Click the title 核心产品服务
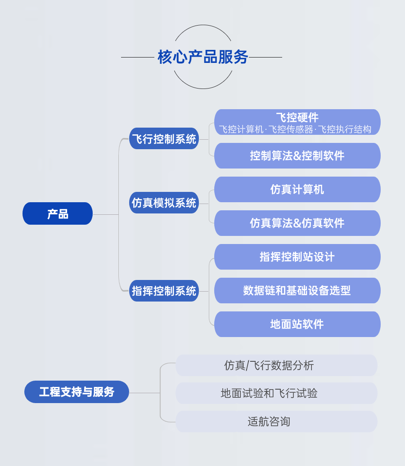point(203,57)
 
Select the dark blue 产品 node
point(58,214)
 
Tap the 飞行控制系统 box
point(164,139)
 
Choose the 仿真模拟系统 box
point(164,203)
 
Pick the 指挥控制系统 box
point(164,291)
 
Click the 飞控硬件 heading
point(297,117)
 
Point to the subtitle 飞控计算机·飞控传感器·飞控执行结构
point(295,129)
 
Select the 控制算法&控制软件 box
point(297,156)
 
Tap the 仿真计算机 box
point(297,190)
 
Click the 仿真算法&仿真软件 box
point(297,223)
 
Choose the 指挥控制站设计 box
point(297,257)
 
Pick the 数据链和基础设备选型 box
point(297,291)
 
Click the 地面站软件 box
point(297,324)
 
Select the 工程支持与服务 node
point(76,392)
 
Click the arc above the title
point(203,26)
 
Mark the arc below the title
point(203,88)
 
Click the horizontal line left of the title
point(138,58)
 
